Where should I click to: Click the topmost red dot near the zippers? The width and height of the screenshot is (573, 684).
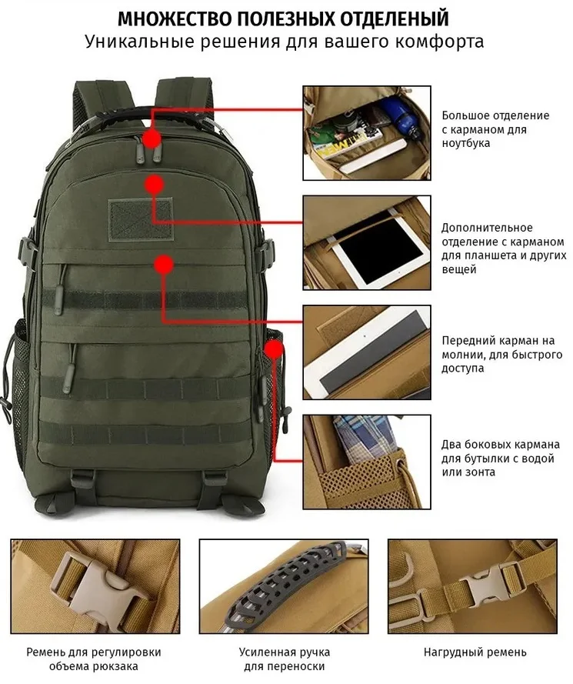[x=152, y=138]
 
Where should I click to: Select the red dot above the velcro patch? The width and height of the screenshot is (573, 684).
[x=155, y=184]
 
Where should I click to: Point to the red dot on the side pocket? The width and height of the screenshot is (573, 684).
[x=273, y=351]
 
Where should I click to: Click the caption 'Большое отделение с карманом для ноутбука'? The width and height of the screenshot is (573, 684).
[x=495, y=129]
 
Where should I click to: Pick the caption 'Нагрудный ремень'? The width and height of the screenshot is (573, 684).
[x=475, y=652]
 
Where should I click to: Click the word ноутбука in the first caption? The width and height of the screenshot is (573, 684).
[x=466, y=143]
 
